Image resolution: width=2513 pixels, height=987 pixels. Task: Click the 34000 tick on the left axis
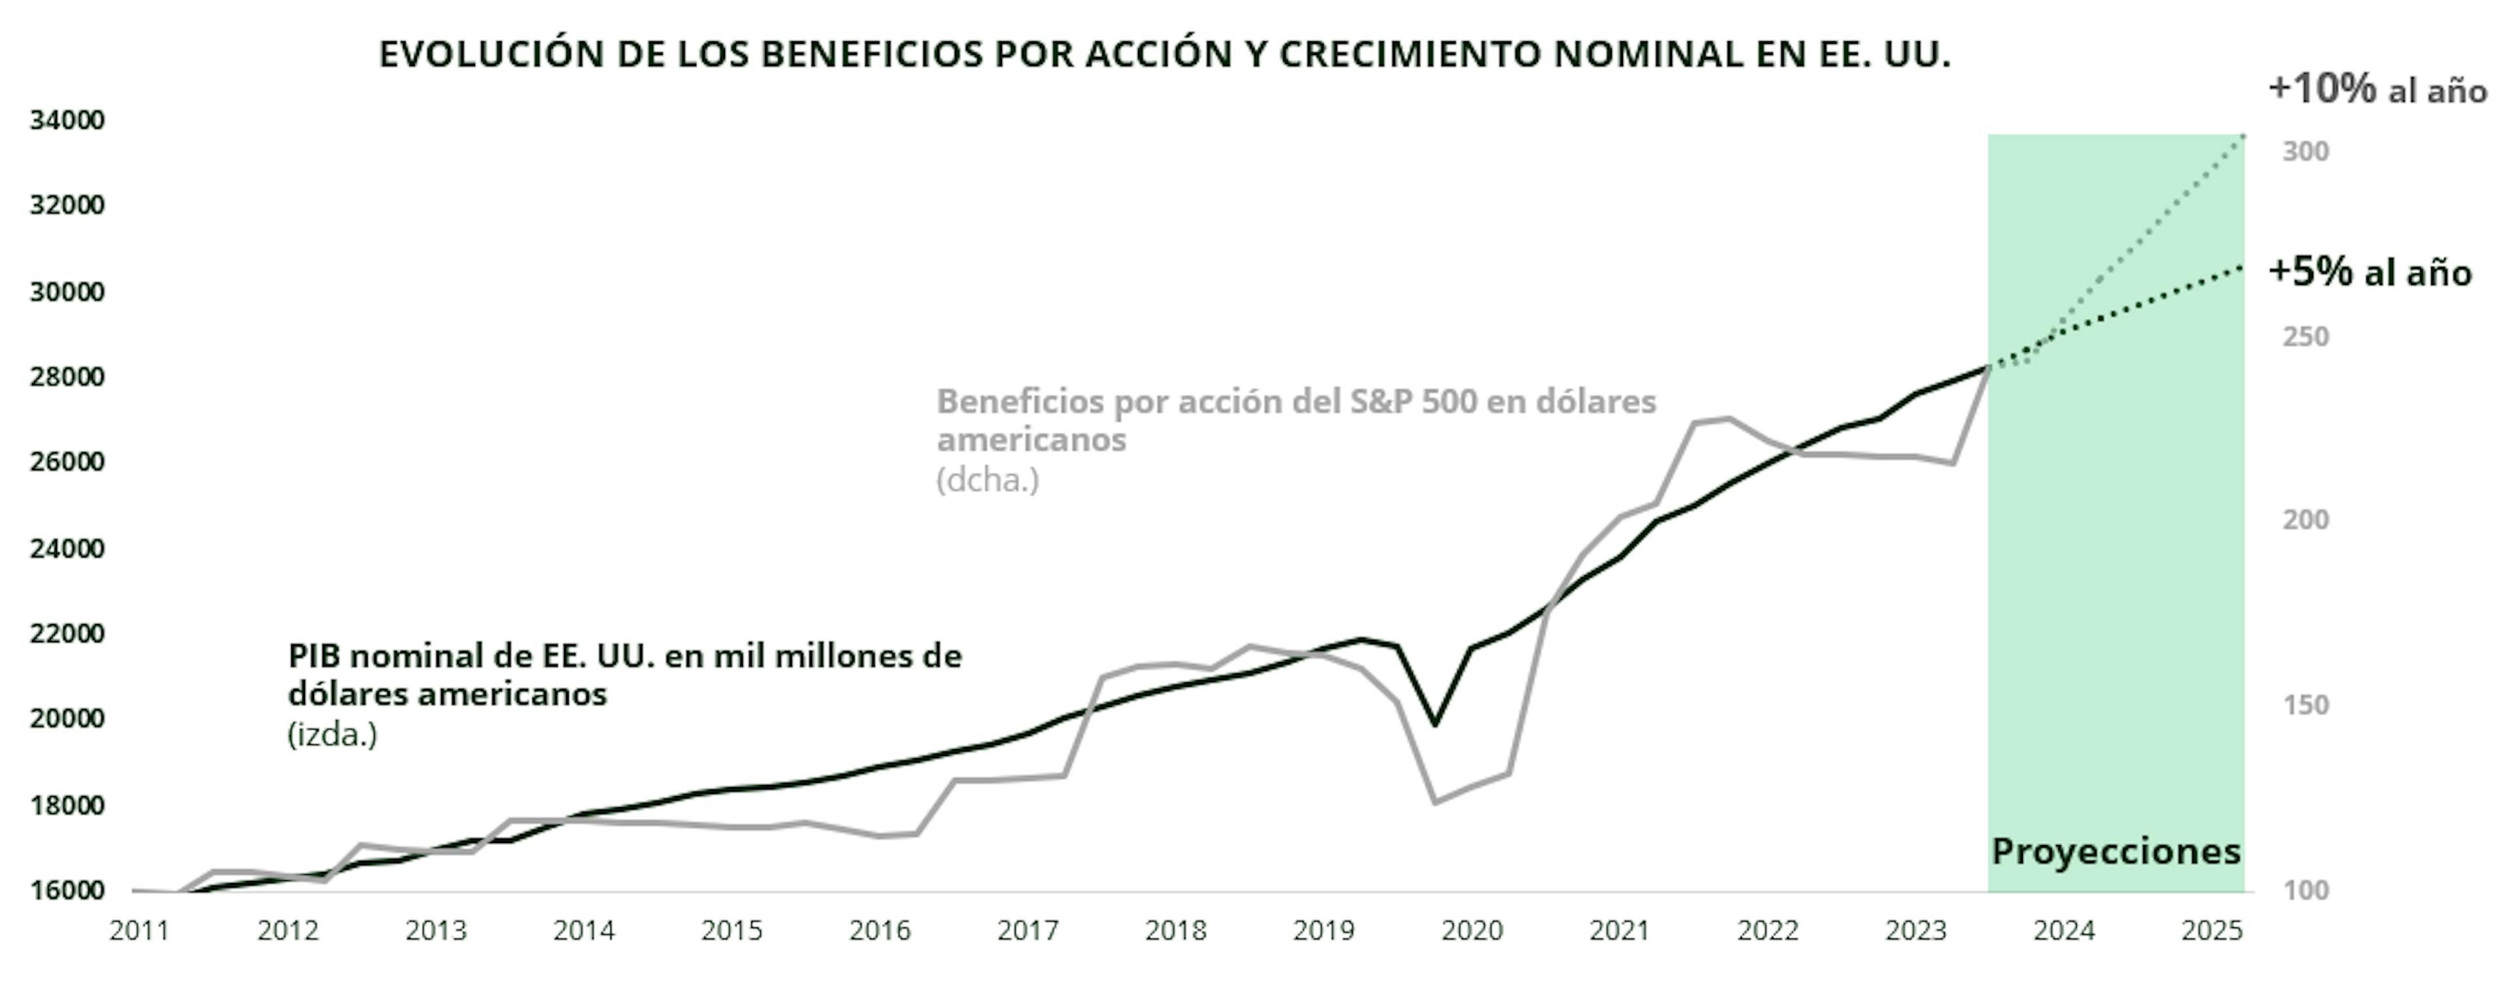(x=66, y=120)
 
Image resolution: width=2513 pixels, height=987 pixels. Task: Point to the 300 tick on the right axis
(x=2305, y=151)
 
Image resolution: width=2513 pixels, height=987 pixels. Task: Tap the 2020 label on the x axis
(x=1472, y=931)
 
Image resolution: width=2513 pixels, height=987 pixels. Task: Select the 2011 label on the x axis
(x=139, y=931)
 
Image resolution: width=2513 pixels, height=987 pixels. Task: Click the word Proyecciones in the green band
(x=2116, y=852)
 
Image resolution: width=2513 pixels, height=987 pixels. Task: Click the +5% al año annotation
(x=2370, y=272)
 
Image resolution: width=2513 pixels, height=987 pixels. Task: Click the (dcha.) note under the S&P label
(x=988, y=480)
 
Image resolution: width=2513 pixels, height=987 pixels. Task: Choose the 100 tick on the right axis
(x=2305, y=890)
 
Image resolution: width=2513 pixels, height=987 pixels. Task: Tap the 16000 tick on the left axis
(x=66, y=890)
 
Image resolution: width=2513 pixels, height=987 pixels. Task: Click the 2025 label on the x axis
(x=2211, y=931)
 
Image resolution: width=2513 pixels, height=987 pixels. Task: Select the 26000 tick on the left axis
(x=66, y=461)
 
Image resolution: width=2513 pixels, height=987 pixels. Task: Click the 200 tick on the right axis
(x=2305, y=520)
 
